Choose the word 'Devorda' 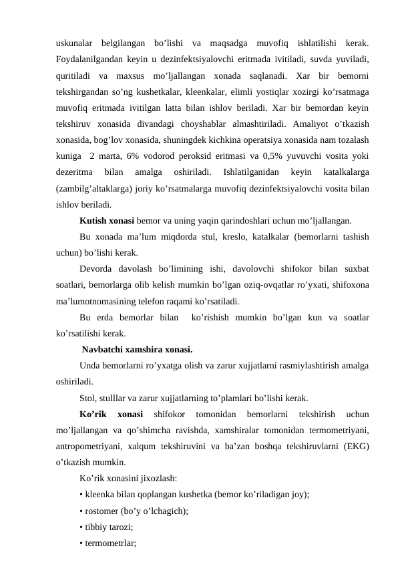(x=96, y=268)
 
